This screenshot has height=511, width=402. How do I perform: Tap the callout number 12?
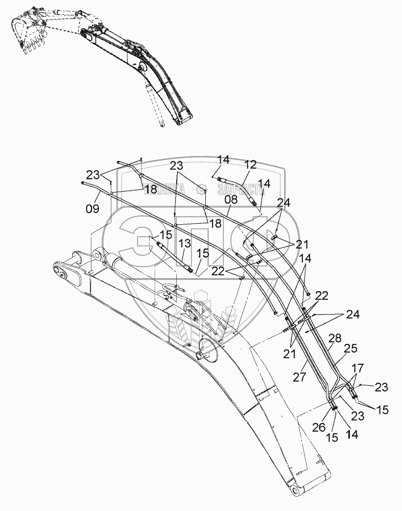250,165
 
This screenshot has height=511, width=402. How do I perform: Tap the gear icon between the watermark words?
201,189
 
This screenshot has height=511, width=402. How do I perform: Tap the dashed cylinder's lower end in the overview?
161,123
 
